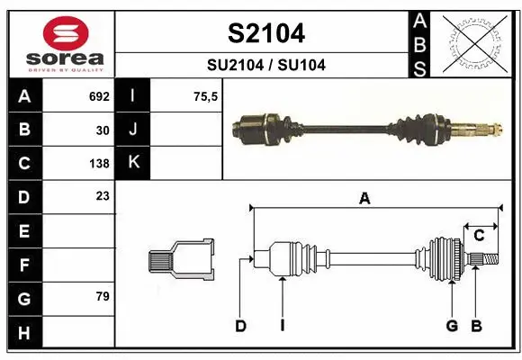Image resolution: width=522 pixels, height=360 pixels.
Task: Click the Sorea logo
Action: click(65, 44)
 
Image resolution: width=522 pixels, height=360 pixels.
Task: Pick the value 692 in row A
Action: click(98, 95)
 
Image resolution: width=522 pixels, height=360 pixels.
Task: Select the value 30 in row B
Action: click(103, 130)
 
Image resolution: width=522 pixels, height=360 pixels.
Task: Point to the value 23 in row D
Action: click(103, 195)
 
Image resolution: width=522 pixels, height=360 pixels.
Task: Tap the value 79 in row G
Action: click(103, 296)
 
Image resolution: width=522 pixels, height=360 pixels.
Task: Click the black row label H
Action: click(23, 333)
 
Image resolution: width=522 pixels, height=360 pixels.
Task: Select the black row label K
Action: click(133, 163)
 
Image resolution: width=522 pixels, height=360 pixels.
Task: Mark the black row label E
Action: click(23, 231)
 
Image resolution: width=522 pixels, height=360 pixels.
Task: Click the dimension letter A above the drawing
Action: click(364, 199)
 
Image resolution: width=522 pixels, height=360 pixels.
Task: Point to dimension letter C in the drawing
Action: click(479, 235)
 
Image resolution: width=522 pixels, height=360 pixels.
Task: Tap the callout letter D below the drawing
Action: click(240, 326)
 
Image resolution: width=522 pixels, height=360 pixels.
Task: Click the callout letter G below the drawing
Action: click(452, 326)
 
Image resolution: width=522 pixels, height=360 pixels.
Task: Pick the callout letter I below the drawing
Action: click(282, 326)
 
